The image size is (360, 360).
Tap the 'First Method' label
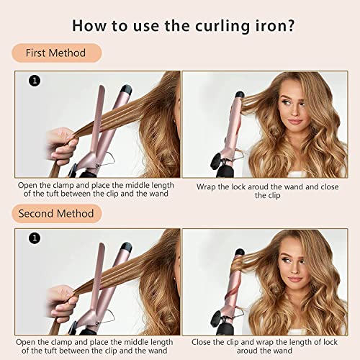pos(57,53)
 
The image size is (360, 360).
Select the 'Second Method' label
pos(57,214)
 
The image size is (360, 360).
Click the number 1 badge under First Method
pos(35,81)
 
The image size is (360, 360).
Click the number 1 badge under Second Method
pos(35,238)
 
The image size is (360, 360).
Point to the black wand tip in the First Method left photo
pos(126,89)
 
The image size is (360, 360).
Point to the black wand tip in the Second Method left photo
pos(126,247)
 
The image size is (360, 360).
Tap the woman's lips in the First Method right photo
pos(294,122)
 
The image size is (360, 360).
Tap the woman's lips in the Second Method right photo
pos(294,279)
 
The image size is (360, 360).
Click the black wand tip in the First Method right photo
pos(240,94)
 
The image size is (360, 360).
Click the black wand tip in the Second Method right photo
pos(240,252)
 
